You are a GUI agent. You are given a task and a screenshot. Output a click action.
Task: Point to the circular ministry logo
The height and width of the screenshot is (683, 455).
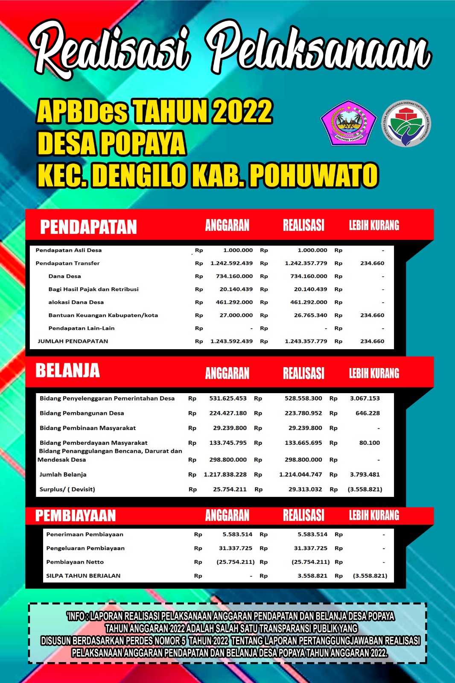tap(406, 124)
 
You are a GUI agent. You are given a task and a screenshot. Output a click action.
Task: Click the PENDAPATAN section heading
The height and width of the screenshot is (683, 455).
tap(88, 227)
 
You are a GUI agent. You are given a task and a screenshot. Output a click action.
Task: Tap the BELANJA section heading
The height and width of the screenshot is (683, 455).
tap(67, 371)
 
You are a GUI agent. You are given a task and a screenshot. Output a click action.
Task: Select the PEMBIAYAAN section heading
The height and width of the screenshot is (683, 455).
tap(75, 516)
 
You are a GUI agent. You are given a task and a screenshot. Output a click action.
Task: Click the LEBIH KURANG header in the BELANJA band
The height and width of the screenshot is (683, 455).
tap(374, 374)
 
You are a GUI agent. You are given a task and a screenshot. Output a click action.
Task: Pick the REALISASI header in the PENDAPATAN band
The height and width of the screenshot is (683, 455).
tap(303, 225)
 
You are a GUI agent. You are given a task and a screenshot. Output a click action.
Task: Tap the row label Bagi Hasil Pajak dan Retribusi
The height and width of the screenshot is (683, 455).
tap(93, 289)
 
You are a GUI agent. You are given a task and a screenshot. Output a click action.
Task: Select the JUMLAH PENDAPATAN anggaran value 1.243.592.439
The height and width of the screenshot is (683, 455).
tap(231, 341)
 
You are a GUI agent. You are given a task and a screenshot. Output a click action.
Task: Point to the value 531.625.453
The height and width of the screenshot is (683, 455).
tap(227, 398)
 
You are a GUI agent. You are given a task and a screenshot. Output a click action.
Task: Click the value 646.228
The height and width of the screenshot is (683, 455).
tap(367, 413)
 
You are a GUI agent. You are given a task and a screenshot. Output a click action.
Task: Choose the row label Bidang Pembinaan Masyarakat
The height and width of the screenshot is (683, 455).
tap(87, 428)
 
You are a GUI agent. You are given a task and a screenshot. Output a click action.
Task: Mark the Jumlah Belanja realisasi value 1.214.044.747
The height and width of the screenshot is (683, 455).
tap(300, 474)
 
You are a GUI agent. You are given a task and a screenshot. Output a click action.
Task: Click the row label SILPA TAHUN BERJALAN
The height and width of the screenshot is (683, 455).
tap(83, 575)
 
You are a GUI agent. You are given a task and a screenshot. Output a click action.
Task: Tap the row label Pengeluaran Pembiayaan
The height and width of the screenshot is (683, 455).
tap(85, 548)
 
